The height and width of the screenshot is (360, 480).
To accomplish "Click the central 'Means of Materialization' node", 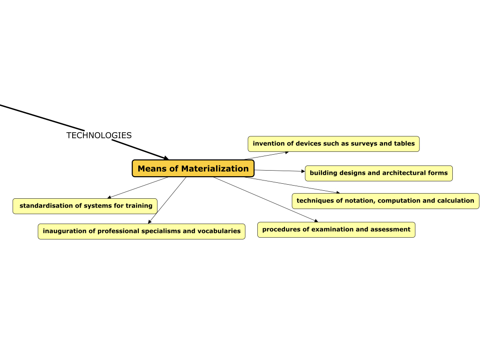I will coord(193,169).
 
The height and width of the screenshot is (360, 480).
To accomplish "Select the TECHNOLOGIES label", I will coord(99,135).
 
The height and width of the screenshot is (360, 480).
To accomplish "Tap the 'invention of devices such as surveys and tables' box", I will coord(333,144).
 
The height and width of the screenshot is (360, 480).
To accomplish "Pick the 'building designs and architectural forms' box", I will coord(379,173).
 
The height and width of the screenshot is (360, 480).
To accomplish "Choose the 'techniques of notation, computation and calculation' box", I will coord(385,201).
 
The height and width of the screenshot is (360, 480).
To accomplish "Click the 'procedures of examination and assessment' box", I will coord(336,230).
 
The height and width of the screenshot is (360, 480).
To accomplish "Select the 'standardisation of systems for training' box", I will coord(85,206).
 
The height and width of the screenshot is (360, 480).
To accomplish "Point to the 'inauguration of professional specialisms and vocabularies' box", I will coord(141,232).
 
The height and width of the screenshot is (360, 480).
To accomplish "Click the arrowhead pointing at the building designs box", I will coord(303,172).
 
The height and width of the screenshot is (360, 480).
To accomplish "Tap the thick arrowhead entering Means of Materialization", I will coord(165,158).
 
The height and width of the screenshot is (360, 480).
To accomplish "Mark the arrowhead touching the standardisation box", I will coord(110,197).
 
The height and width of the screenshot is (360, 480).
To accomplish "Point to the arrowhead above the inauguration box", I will coord(150,222).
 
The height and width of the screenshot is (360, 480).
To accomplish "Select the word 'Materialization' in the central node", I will coord(215,169).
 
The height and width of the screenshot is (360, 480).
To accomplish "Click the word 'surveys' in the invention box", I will coord(364,143).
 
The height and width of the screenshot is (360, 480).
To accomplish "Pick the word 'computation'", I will coord(399,201).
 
